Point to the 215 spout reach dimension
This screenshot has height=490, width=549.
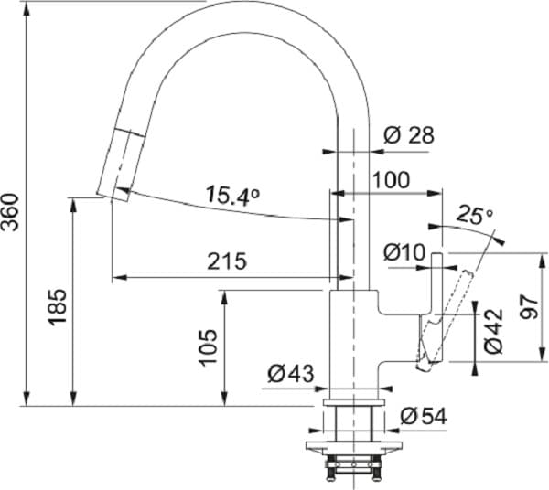[226, 261]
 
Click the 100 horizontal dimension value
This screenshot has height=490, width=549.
[391, 180]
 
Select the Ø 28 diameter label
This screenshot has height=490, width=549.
[408, 135]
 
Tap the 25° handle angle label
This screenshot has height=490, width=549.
[475, 216]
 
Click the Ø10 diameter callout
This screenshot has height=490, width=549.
[403, 250]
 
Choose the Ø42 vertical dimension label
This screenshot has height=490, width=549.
[494, 331]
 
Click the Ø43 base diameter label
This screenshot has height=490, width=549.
[291, 373]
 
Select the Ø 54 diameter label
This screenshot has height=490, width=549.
[423, 416]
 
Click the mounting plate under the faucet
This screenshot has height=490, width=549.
[352, 448]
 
